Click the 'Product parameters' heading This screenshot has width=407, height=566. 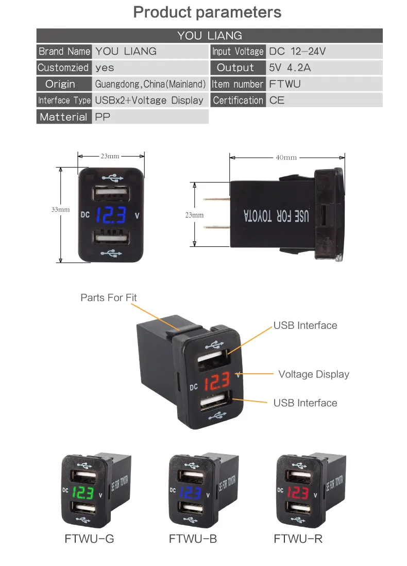tap(207, 12)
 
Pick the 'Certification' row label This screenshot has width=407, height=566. tap(238, 101)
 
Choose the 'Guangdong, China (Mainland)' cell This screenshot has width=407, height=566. tap(150, 84)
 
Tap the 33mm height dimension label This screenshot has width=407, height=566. tap(60, 210)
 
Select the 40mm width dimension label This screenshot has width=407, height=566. tap(286, 157)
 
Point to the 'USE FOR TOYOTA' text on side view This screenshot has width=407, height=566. tap(276, 216)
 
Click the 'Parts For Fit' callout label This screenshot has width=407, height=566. tap(109, 297)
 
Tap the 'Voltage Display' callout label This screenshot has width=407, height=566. tap(314, 374)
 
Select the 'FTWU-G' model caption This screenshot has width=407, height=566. tap(89, 539)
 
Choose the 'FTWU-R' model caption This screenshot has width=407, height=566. tap(298, 539)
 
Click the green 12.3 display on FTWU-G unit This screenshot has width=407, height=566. tap(82, 492)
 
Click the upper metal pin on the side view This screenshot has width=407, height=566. tap(216, 199)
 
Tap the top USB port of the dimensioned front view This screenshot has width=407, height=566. tap(111, 193)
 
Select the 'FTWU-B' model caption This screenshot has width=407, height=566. tap(193, 539)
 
